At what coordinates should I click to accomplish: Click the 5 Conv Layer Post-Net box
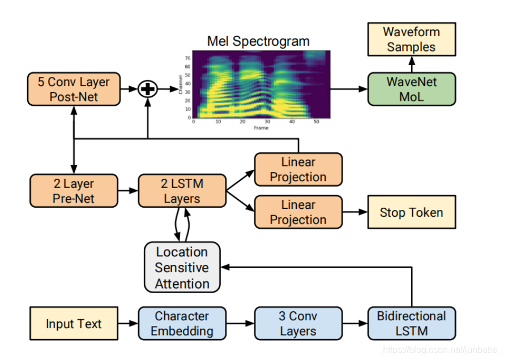[74, 89]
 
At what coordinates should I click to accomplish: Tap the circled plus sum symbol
[148, 89]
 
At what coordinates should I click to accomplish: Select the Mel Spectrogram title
[258, 41]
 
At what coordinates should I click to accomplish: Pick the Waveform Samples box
[411, 39]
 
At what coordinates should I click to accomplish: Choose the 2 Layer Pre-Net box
[74, 191]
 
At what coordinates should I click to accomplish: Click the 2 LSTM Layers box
[182, 191]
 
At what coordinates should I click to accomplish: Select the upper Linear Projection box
[298, 169]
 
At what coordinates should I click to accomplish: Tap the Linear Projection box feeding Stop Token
[298, 212]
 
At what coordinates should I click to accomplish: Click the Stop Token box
[411, 212]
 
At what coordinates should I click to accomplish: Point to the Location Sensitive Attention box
[182, 267]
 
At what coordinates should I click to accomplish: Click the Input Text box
[74, 324]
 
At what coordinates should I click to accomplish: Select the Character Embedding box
[182, 323]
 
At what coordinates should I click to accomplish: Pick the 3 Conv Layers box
[298, 323]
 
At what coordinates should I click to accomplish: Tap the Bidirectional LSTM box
[411, 323]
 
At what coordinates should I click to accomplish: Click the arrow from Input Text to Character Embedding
[128, 324]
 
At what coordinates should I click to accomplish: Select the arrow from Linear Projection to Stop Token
[355, 212]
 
